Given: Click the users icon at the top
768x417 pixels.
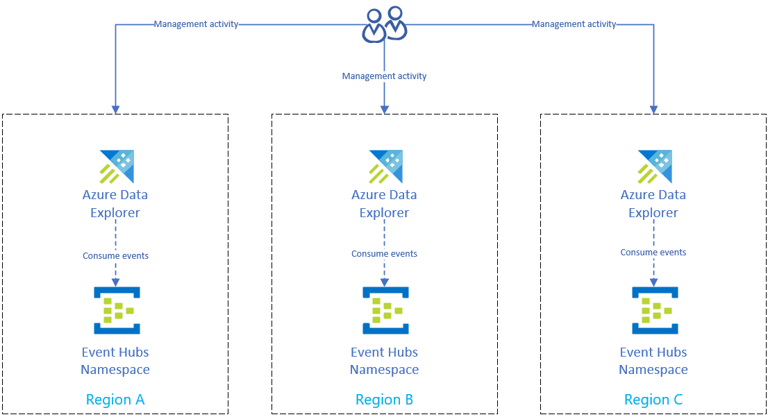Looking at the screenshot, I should pyautogui.click(x=385, y=24).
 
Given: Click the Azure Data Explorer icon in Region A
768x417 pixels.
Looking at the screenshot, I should pyautogui.click(x=116, y=166).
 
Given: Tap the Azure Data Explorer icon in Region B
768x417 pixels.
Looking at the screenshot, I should pyautogui.click(x=385, y=166).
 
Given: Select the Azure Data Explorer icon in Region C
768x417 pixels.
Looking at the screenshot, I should pyautogui.click(x=653, y=166).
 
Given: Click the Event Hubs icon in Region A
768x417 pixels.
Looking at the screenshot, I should pyautogui.click(x=116, y=309).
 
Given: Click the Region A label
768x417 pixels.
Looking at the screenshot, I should pyautogui.click(x=115, y=400).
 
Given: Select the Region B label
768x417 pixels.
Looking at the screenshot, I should pyautogui.click(x=384, y=400).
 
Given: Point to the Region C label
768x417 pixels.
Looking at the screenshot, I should pyautogui.click(x=653, y=400).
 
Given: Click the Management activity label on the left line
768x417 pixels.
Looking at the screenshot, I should pyautogui.click(x=196, y=24).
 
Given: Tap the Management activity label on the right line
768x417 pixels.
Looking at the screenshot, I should pyautogui.click(x=574, y=24).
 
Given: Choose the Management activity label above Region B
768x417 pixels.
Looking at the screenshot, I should pyautogui.click(x=384, y=76).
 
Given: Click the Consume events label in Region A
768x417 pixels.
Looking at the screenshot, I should pyautogui.click(x=115, y=256).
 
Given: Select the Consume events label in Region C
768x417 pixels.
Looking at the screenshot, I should pyautogui.click(x=653, y=253).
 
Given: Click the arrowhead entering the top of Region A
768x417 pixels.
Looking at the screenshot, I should pyautogui.click(x=115, y=109).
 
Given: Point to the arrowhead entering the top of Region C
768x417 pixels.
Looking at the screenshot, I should pyautogui.click(x=653, y=109).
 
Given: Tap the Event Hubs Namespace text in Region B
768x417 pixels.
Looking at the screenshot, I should pyautogui.click(x=385, y=361).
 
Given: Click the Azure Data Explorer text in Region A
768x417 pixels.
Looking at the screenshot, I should pyautogui.click(x=115, y=203).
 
